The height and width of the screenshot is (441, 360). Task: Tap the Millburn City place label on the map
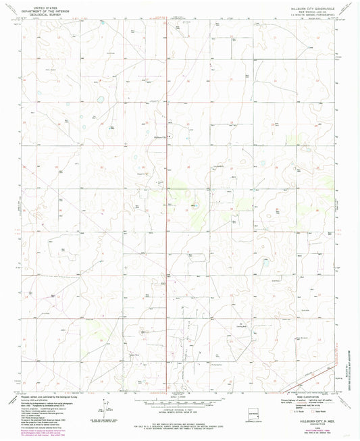click(161, 137)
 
